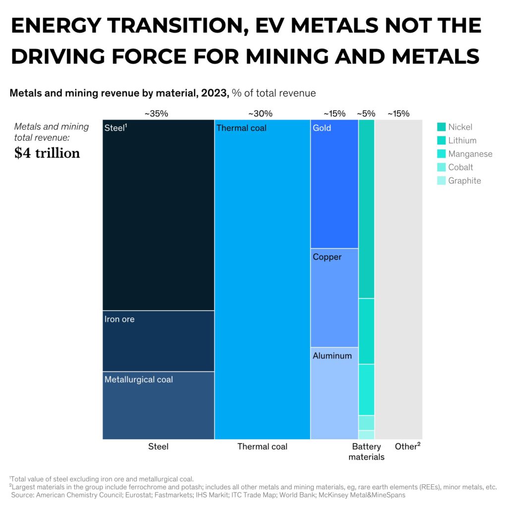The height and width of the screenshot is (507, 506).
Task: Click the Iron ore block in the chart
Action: tap(158, 341)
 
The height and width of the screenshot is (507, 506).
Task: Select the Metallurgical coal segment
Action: tap(158, 405)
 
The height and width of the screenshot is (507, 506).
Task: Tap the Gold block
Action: tap(334, 184)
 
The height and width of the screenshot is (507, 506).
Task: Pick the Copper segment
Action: tap(334, 298)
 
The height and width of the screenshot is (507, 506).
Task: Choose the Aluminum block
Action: tap(334, 393)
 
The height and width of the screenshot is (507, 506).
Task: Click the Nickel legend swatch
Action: tap(442, 127)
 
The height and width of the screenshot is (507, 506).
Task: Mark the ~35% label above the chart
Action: tap(156, 113)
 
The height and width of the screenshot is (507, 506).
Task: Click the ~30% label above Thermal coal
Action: tap(260, 113)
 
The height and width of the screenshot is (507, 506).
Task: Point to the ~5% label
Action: tap(366, 113)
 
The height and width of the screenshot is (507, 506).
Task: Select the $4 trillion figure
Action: tap(47, 153)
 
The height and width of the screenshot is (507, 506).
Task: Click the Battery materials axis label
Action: tap(366, 452)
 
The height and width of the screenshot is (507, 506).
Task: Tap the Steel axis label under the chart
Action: tap(158, 447)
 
